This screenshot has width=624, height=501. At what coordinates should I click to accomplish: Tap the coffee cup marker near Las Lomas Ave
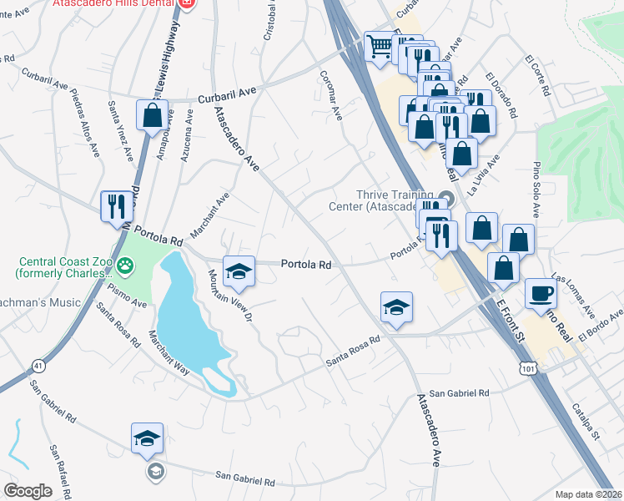[541, 294]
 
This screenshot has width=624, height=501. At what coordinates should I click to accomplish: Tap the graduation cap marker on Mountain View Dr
[238, 269]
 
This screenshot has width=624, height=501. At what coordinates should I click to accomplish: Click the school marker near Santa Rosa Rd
[397, 306]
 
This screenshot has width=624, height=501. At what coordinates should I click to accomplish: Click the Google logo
[28, 490]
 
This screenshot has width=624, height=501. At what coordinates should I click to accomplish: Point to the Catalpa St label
[586, 423]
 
